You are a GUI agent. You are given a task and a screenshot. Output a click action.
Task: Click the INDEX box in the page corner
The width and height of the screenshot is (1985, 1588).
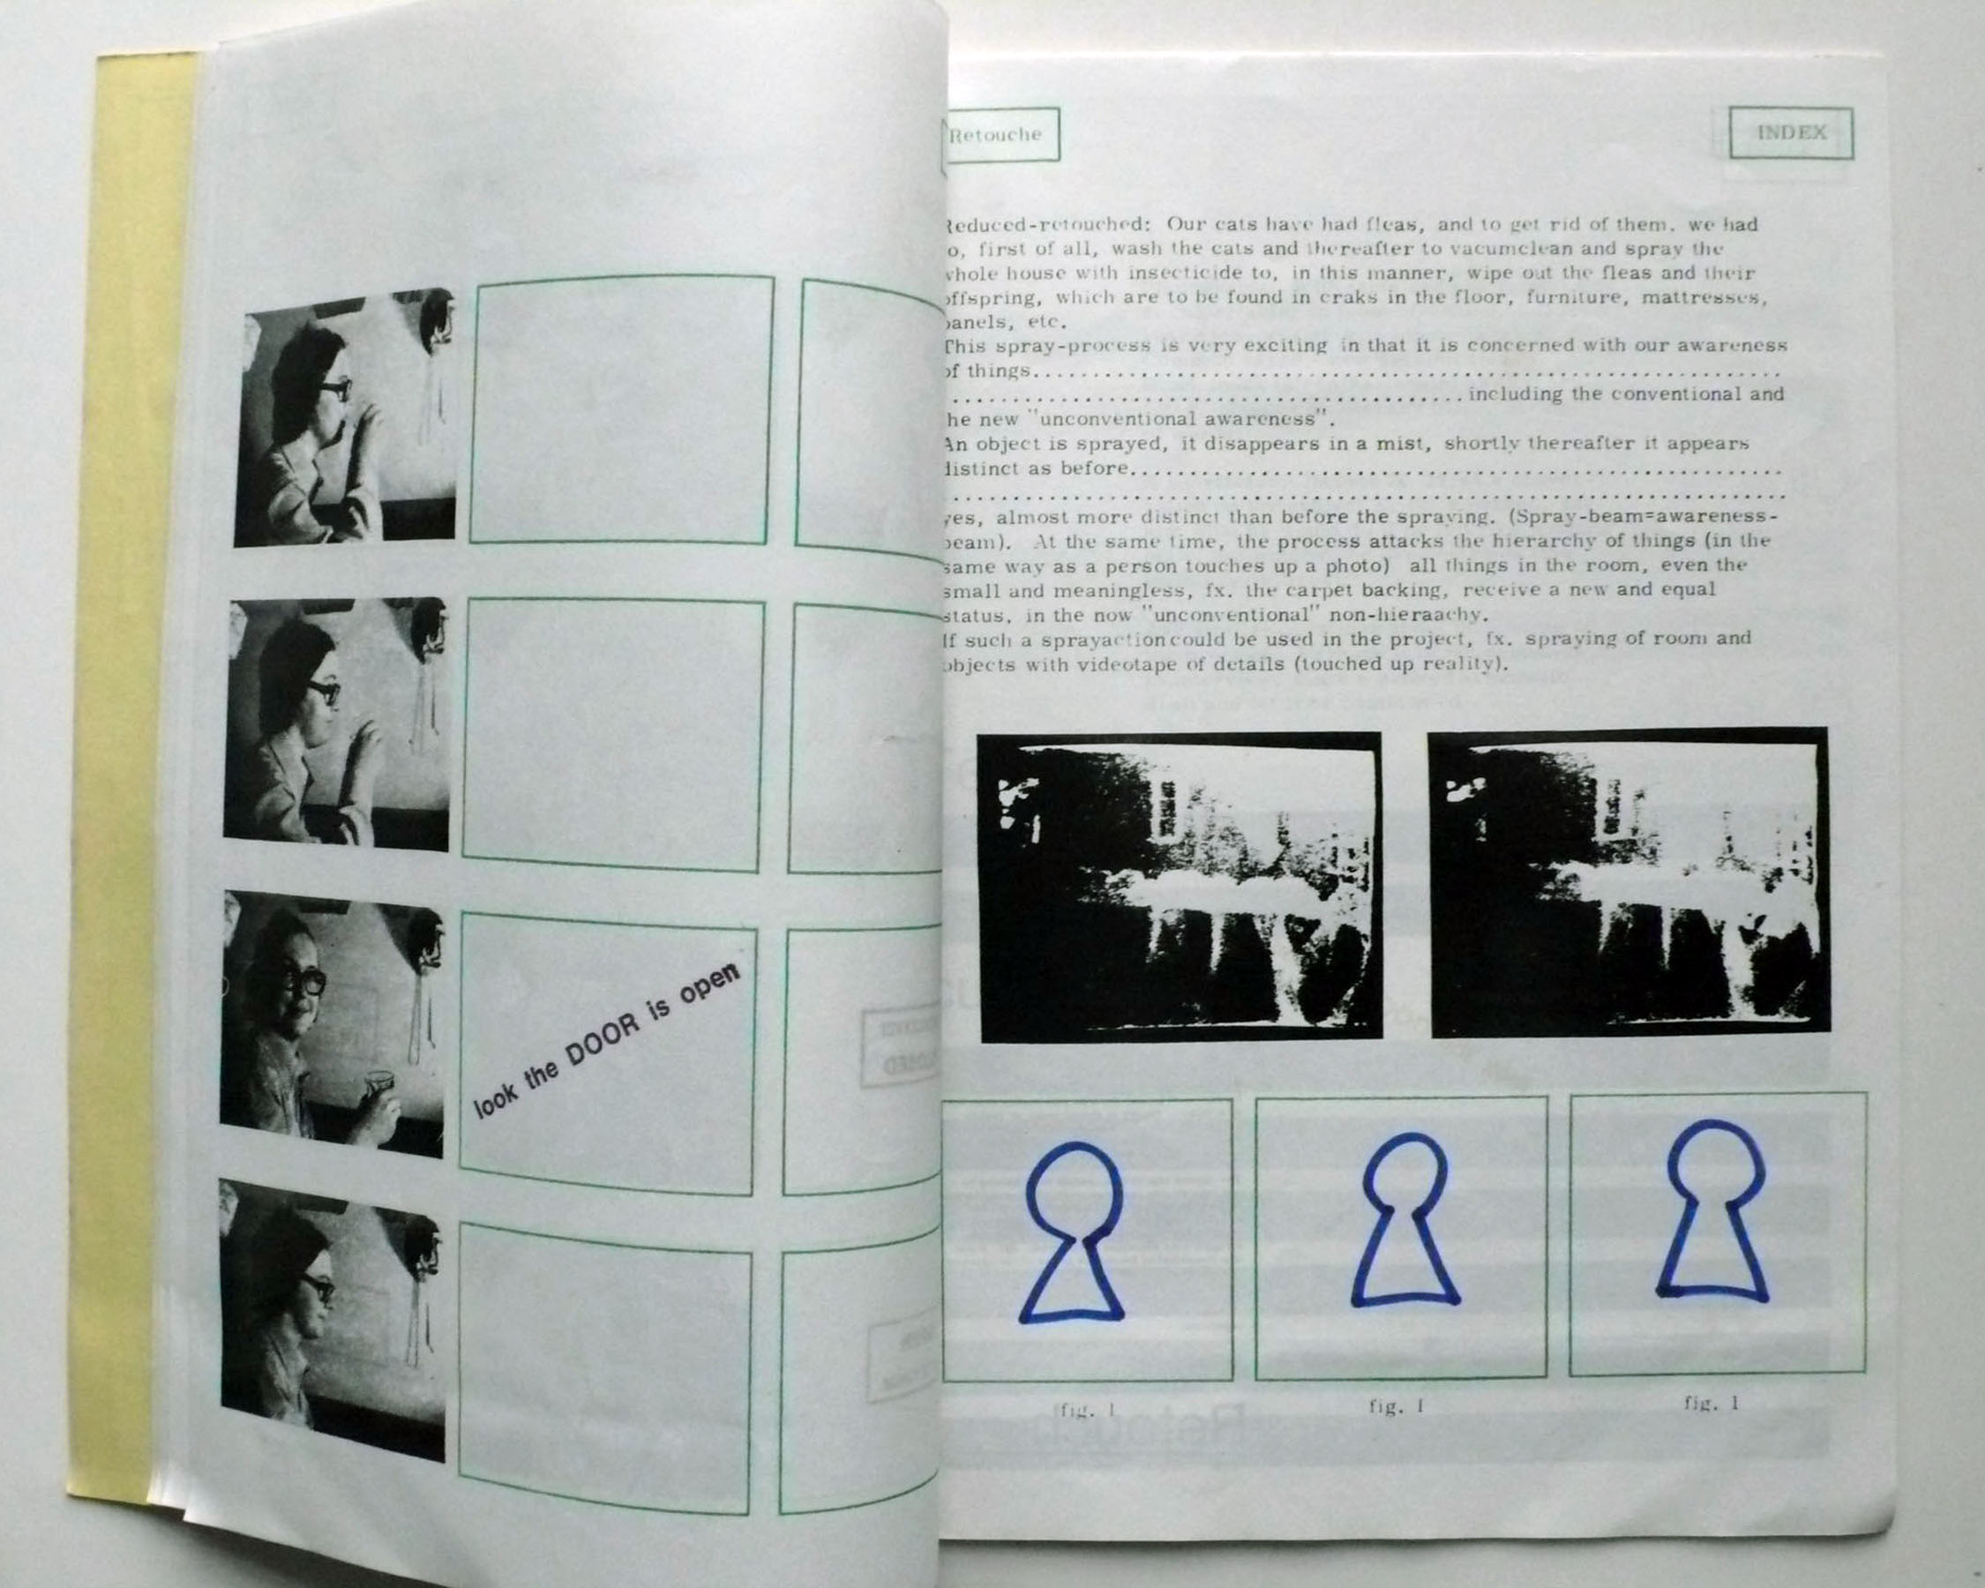coord(1790,132)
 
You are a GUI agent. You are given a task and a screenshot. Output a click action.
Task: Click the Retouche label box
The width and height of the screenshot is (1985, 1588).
coord(1000,134)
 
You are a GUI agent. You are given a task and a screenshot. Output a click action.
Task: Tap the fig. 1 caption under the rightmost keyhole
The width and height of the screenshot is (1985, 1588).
coord(1712,1403)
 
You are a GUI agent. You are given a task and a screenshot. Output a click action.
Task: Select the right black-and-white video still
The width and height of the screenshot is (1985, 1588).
coord(1628,881)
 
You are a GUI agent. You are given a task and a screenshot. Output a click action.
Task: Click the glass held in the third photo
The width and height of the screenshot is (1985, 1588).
coord(377,1082)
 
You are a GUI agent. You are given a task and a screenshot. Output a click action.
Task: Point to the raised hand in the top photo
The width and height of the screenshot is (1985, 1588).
coord(365,431)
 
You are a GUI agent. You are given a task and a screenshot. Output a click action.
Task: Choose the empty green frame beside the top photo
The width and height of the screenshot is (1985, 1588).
coord(621,409)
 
